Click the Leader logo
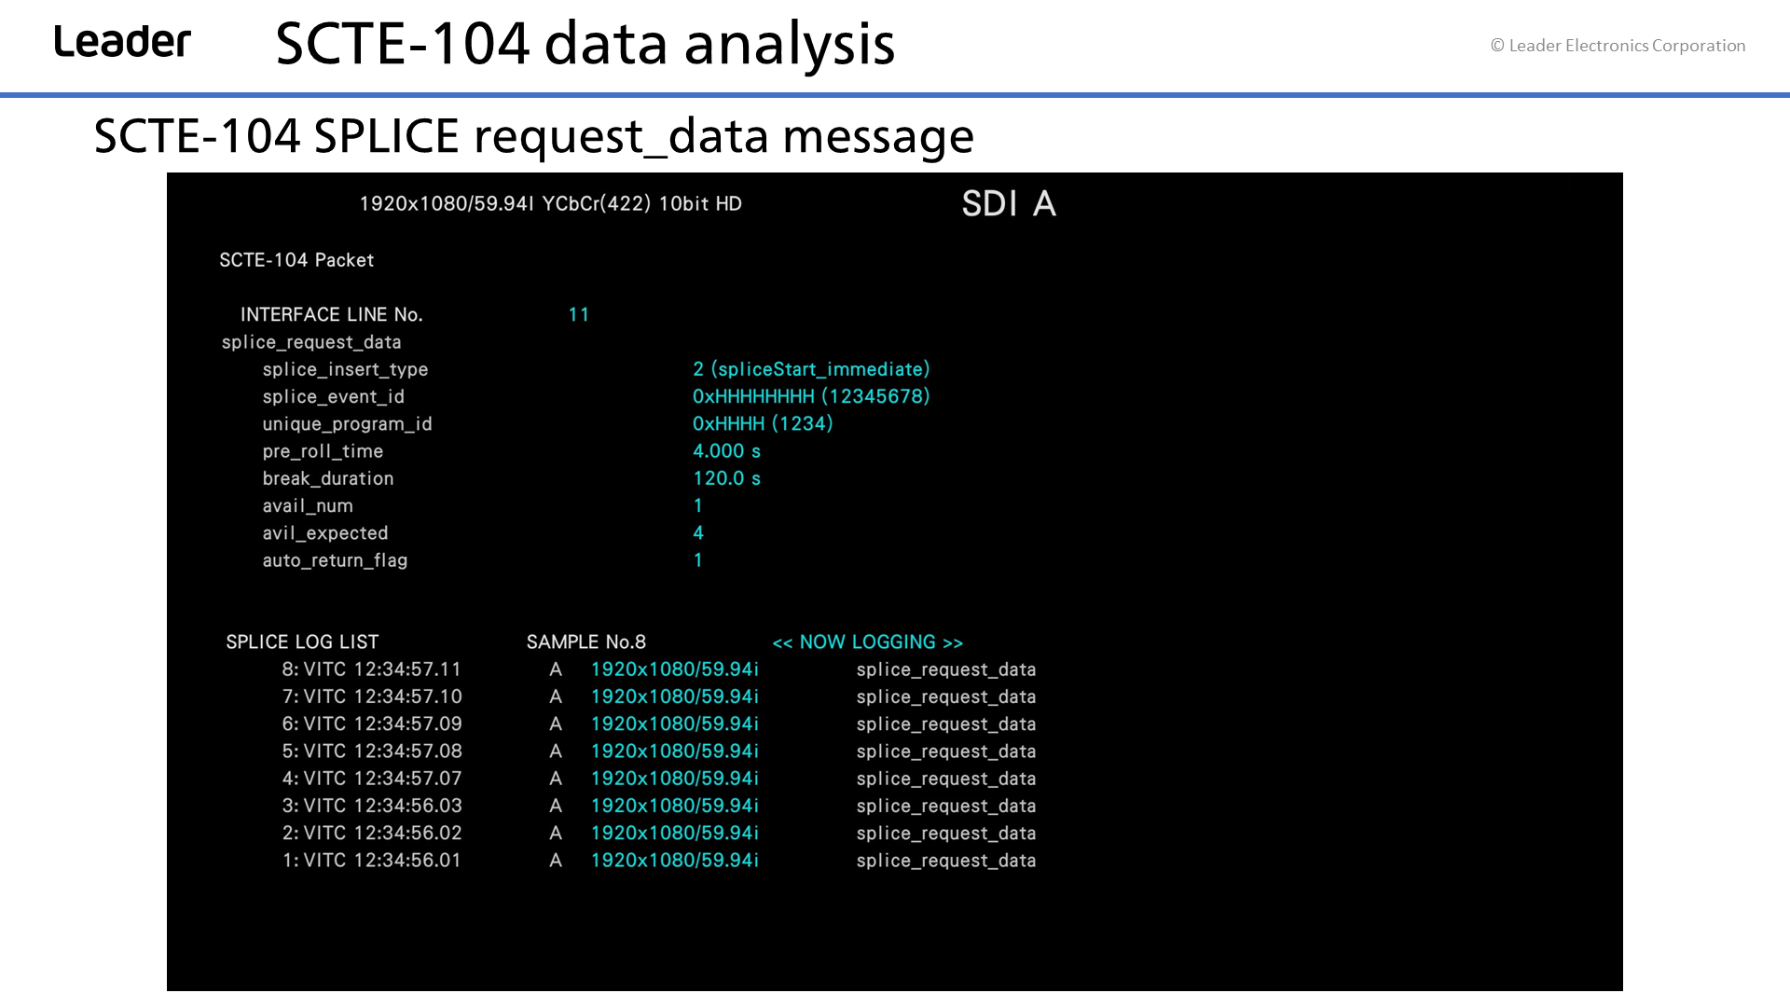tap(122, 42)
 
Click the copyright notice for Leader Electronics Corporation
tap(1618, 46)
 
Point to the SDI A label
tap(1009, 203)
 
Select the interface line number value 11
tap(579, 315)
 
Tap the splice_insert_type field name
tap(345, 369)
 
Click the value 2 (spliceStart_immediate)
tap(811, 369)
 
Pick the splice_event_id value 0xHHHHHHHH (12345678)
tap(811, 396)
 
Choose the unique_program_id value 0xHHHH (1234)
tap(763, 423)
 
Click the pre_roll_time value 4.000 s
tap(726, 451)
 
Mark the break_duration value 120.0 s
tap(726, 478)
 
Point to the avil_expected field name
tap(325, 533)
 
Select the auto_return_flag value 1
tap(697, 560)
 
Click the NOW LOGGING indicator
tap(868, 642)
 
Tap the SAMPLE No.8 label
tap(586, 642)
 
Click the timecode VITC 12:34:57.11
tap(382, 669)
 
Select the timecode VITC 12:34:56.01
tap(382, 861)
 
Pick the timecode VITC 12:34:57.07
tap(382, 779)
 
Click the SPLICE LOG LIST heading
tap(302, 642)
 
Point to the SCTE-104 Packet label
tap(296, 260)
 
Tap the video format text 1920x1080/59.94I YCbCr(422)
tap(505, 204)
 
